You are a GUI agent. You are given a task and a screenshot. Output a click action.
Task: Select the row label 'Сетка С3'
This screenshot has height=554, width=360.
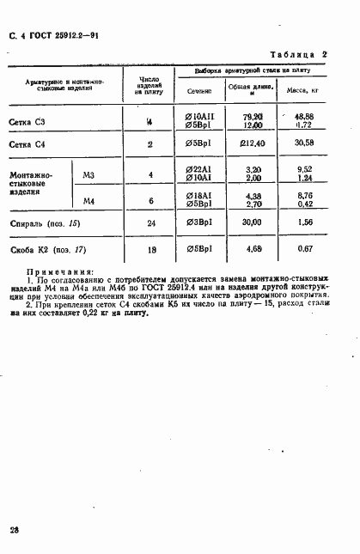(x=27, y=121)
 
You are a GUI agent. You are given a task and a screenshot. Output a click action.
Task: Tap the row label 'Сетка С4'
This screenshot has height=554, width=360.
(x=27, y=144)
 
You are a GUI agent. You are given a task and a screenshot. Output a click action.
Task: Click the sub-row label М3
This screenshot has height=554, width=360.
(x=88, y=175)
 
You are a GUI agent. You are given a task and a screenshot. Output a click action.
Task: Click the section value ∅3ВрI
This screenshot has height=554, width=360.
(x=198, y=222)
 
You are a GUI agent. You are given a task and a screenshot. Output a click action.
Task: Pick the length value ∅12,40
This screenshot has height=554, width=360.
(x=253, y=143)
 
